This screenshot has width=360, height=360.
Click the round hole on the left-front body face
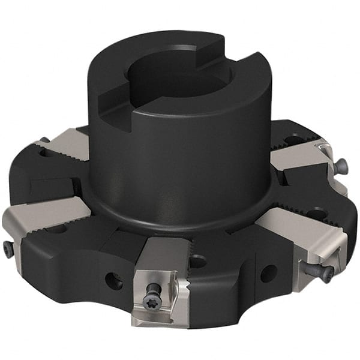pyautogui.click(x=113, y=278)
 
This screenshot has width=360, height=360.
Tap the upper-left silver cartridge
pyautogui.click(x=67, y=144)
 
